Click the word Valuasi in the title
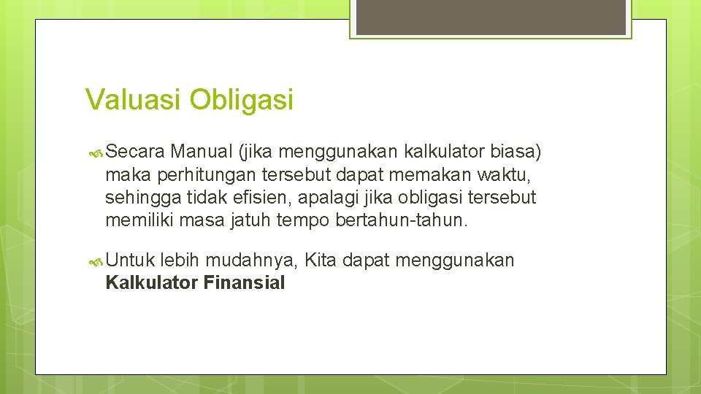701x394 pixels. point(134,99)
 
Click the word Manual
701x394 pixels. point(202,152)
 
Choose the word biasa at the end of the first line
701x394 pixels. point(515,152)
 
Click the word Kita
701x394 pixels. point(321,260)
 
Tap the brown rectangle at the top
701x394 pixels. point(490,16)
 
